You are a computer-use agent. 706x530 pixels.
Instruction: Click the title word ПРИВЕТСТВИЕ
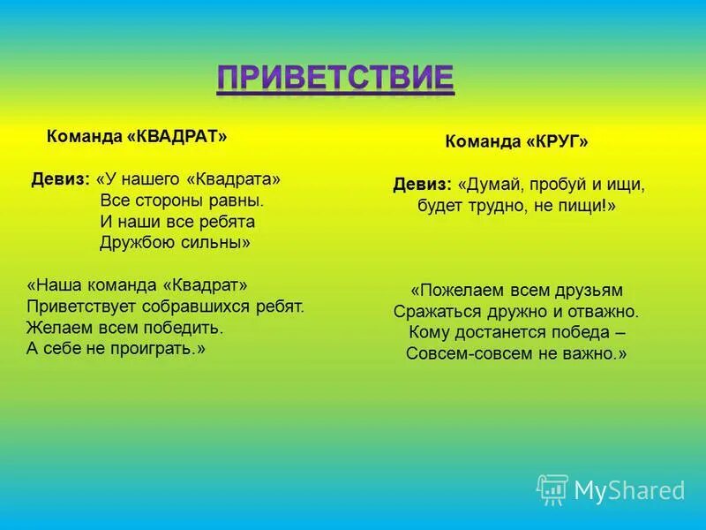tap(335, 78)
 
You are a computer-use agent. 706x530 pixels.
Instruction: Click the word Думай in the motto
tap(490, 185)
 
